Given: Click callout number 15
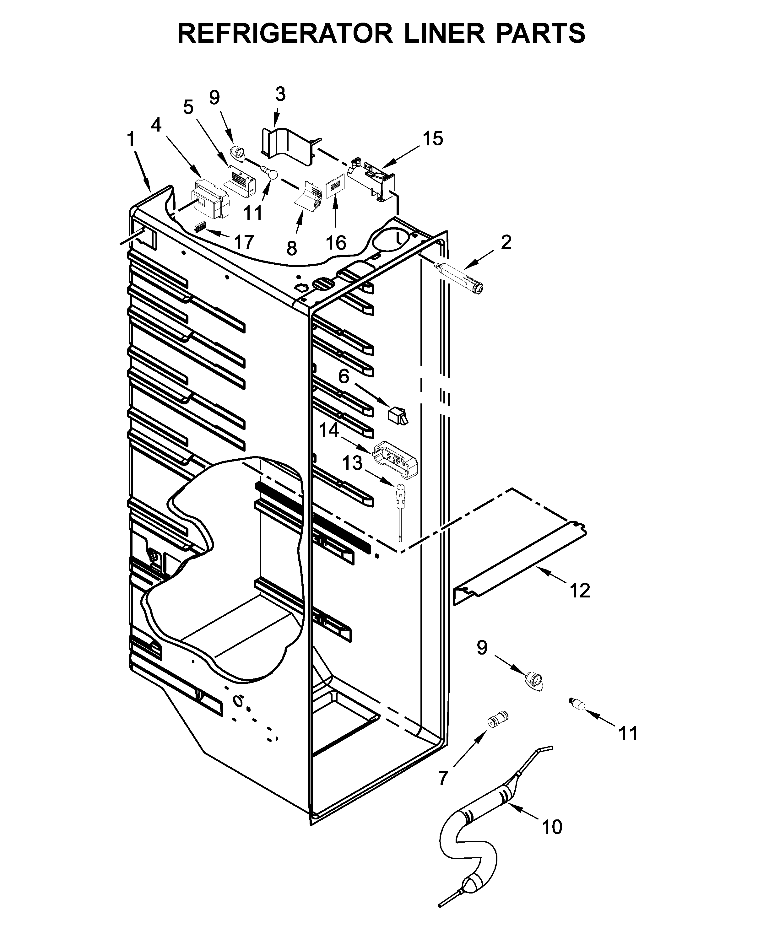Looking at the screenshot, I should pyautogui.click(x=432, y=139).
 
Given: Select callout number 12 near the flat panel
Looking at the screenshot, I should pyautogui.click(x=579, y=591).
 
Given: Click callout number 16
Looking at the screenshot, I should pyautogui.click(x=336, y=243).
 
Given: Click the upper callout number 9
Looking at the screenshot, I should pyautogui.click(x=214, y=98).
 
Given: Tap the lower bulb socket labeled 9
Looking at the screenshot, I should pyautogui.click(x=533, y=681).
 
